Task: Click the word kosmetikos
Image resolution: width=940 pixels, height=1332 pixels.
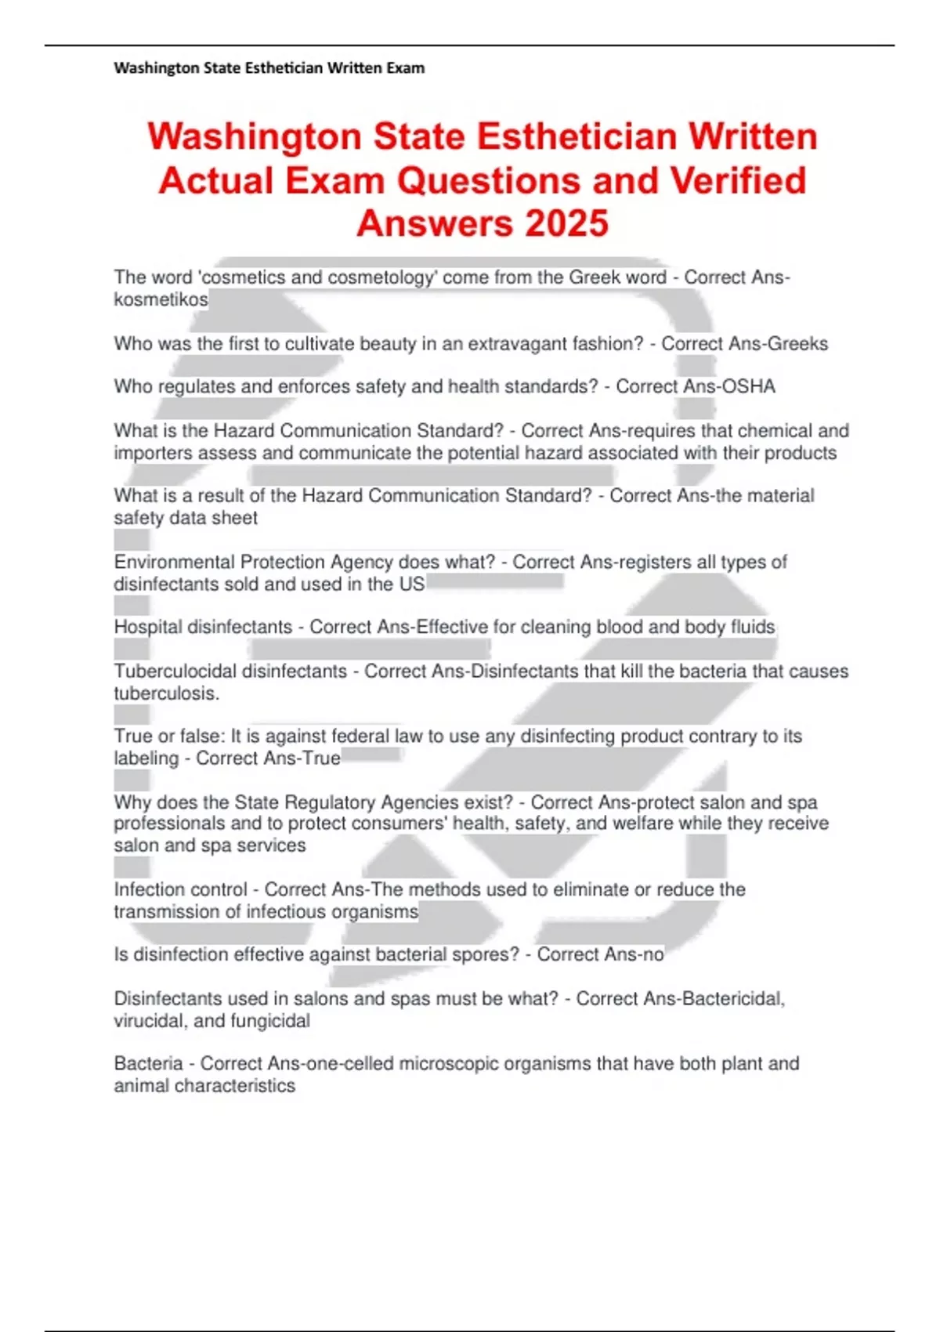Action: pyautogui.click(x=161, y=299)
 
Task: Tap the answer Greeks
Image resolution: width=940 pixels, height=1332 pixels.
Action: pyautogui.click(x=799, y=343)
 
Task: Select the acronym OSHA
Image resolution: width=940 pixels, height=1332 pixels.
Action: pyautogui.click(x=750, y=386)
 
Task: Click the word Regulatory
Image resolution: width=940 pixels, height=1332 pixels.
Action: pyautogui.click(x=331, y=802)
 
